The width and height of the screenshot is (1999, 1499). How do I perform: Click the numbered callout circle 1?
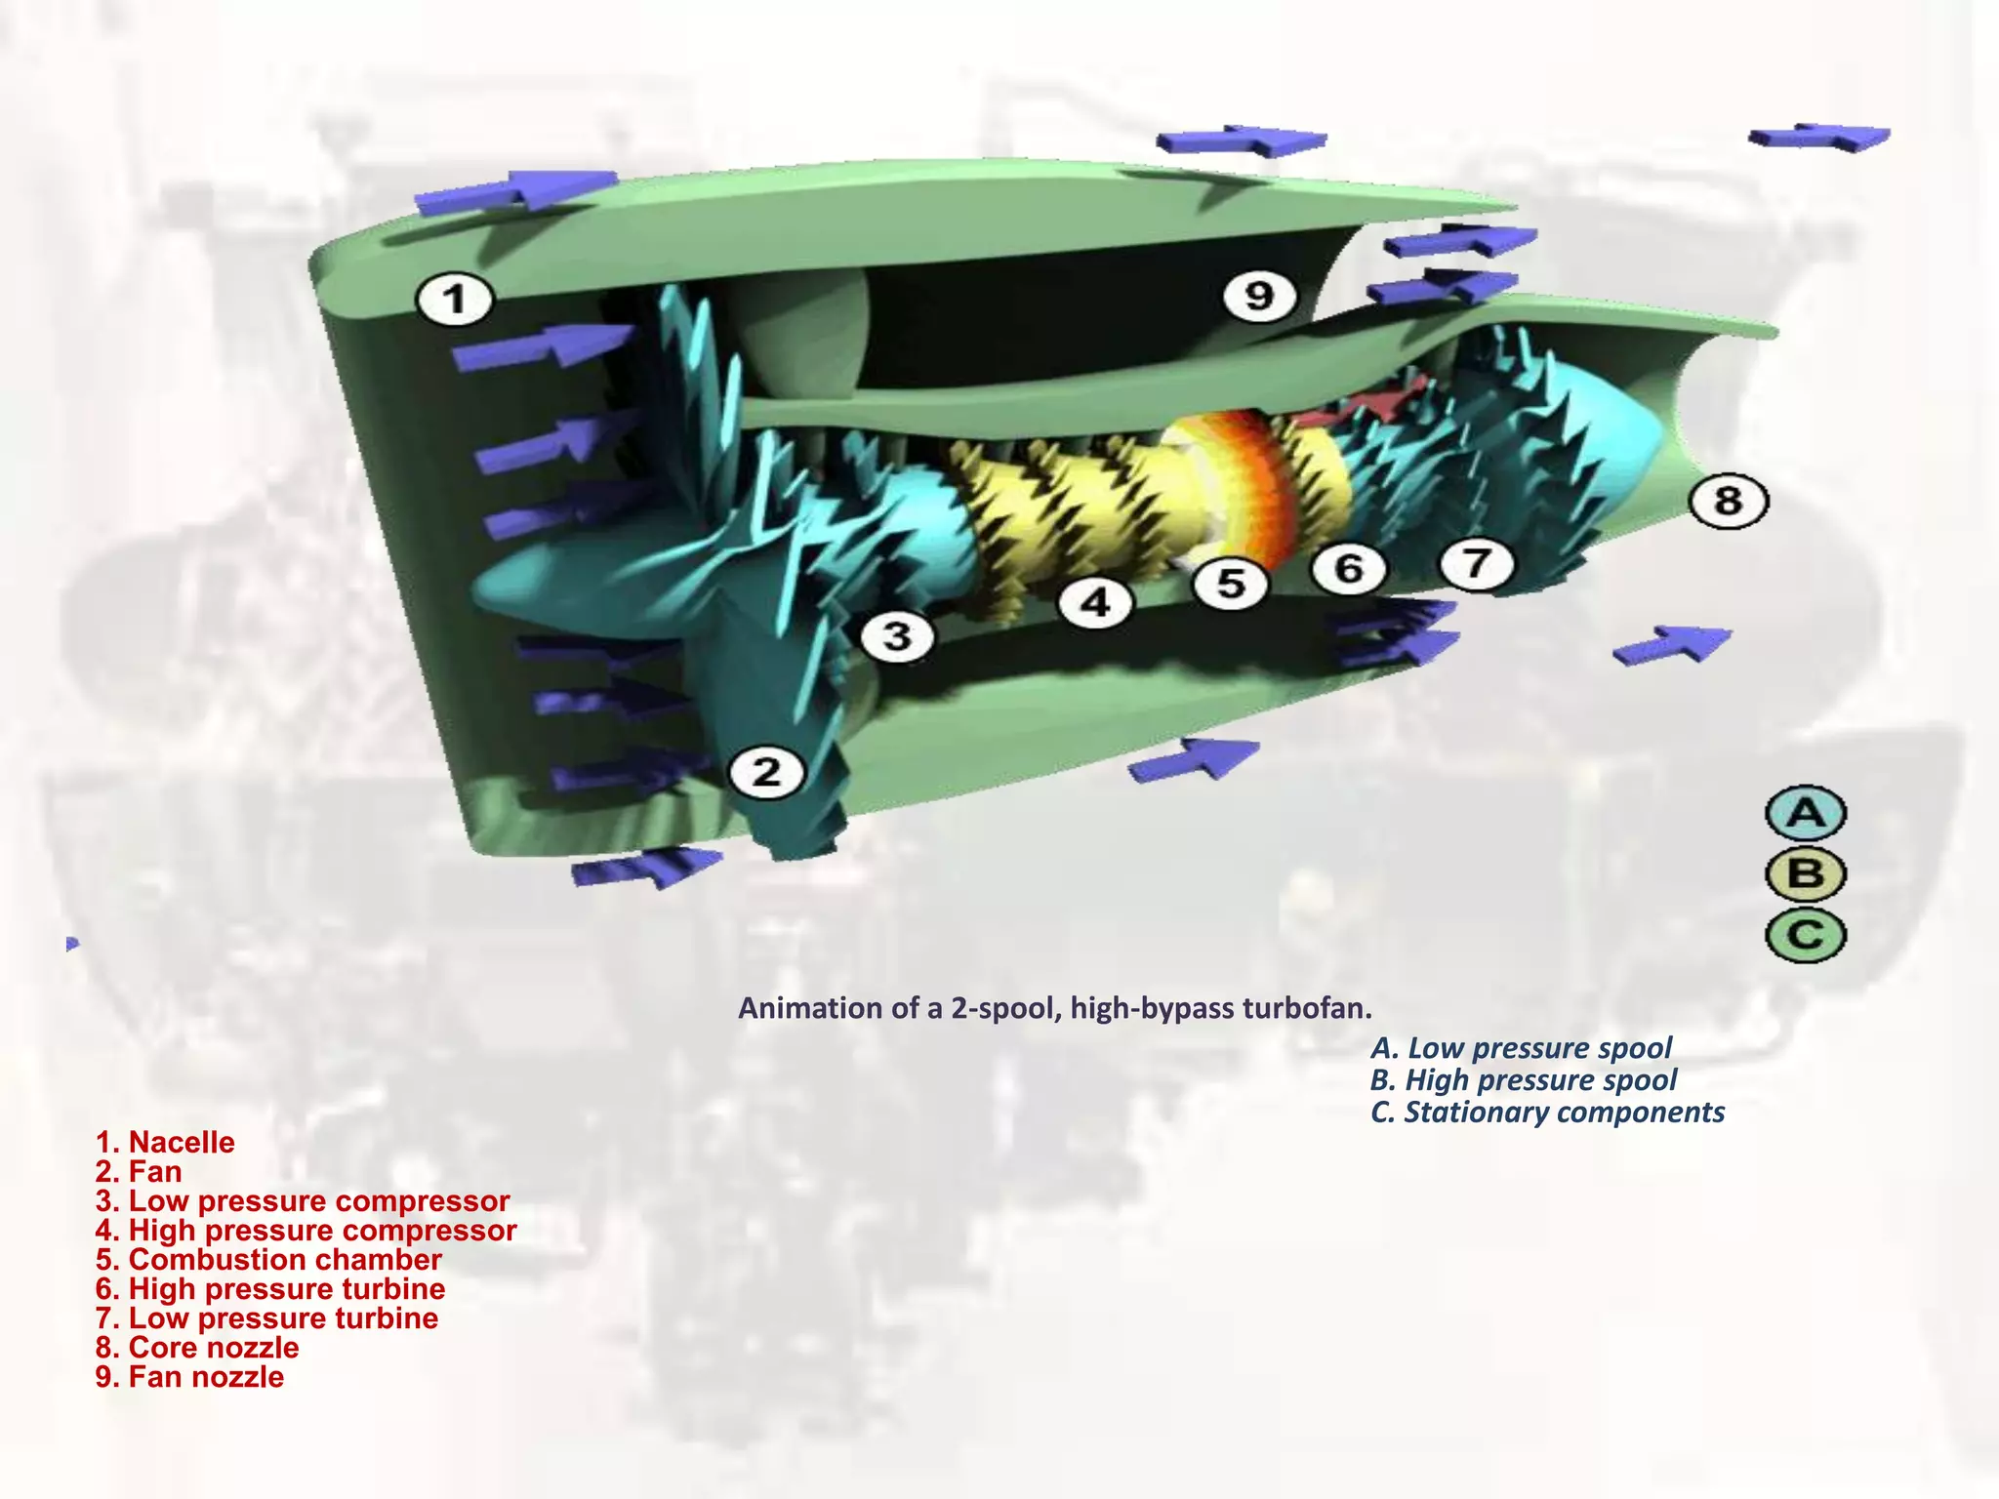455,299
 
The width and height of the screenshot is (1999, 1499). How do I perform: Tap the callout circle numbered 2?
767,773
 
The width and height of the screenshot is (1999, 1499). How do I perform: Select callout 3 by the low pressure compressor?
897,637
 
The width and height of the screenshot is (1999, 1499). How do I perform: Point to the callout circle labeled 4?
1096,602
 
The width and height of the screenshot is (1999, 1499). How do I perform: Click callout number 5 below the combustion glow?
1231,584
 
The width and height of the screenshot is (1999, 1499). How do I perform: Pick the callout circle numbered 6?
1349,568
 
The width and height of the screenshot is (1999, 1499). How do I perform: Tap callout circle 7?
1477,563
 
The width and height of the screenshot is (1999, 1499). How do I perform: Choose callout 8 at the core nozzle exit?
1728,502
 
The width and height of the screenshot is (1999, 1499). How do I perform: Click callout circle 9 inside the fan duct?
1259,295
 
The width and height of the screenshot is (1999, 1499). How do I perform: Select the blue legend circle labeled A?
1806,813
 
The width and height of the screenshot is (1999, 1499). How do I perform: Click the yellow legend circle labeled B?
1806,873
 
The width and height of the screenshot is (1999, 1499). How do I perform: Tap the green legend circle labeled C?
1806,935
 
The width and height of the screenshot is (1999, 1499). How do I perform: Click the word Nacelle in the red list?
182,1142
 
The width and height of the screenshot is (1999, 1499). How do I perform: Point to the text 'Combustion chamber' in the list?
285,1259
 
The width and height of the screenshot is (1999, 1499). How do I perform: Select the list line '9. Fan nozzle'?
189,1376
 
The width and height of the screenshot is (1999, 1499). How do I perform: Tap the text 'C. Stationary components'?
1547,1112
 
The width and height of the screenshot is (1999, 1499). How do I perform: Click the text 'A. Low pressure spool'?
1521,1048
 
